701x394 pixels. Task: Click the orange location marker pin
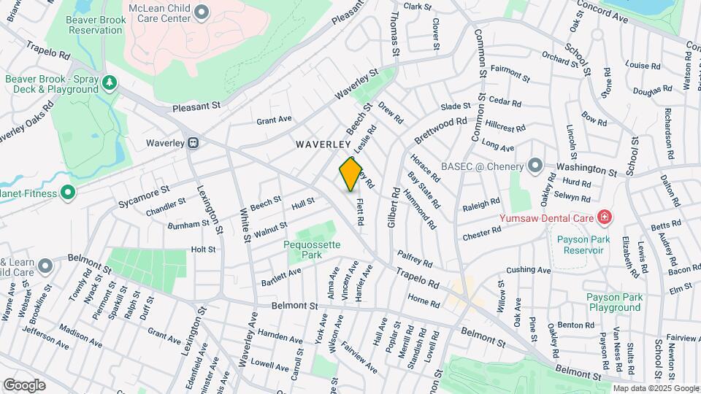pyautogui.click(x=351, y=174)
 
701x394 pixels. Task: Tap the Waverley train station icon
pyautogui.click(x=194, y=143)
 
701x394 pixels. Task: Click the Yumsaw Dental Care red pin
pyautogui.click(x=605, y=217)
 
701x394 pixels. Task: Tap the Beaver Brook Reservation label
pyautogui.click(x=95, y=25)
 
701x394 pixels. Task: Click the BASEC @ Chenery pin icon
pyautogui.click(x=536, y=166)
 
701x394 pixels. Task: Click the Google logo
pyautogui.click(x=24, y=385)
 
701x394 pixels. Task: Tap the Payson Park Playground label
pyautogui.click(x=614, y=302)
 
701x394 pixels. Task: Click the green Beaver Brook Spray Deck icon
pyautogui.click(x=110, y=82)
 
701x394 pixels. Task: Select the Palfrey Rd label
pyautogui.click(x=415, y=258)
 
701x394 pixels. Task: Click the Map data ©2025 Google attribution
pyautogui.click(x=655, y=388)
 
